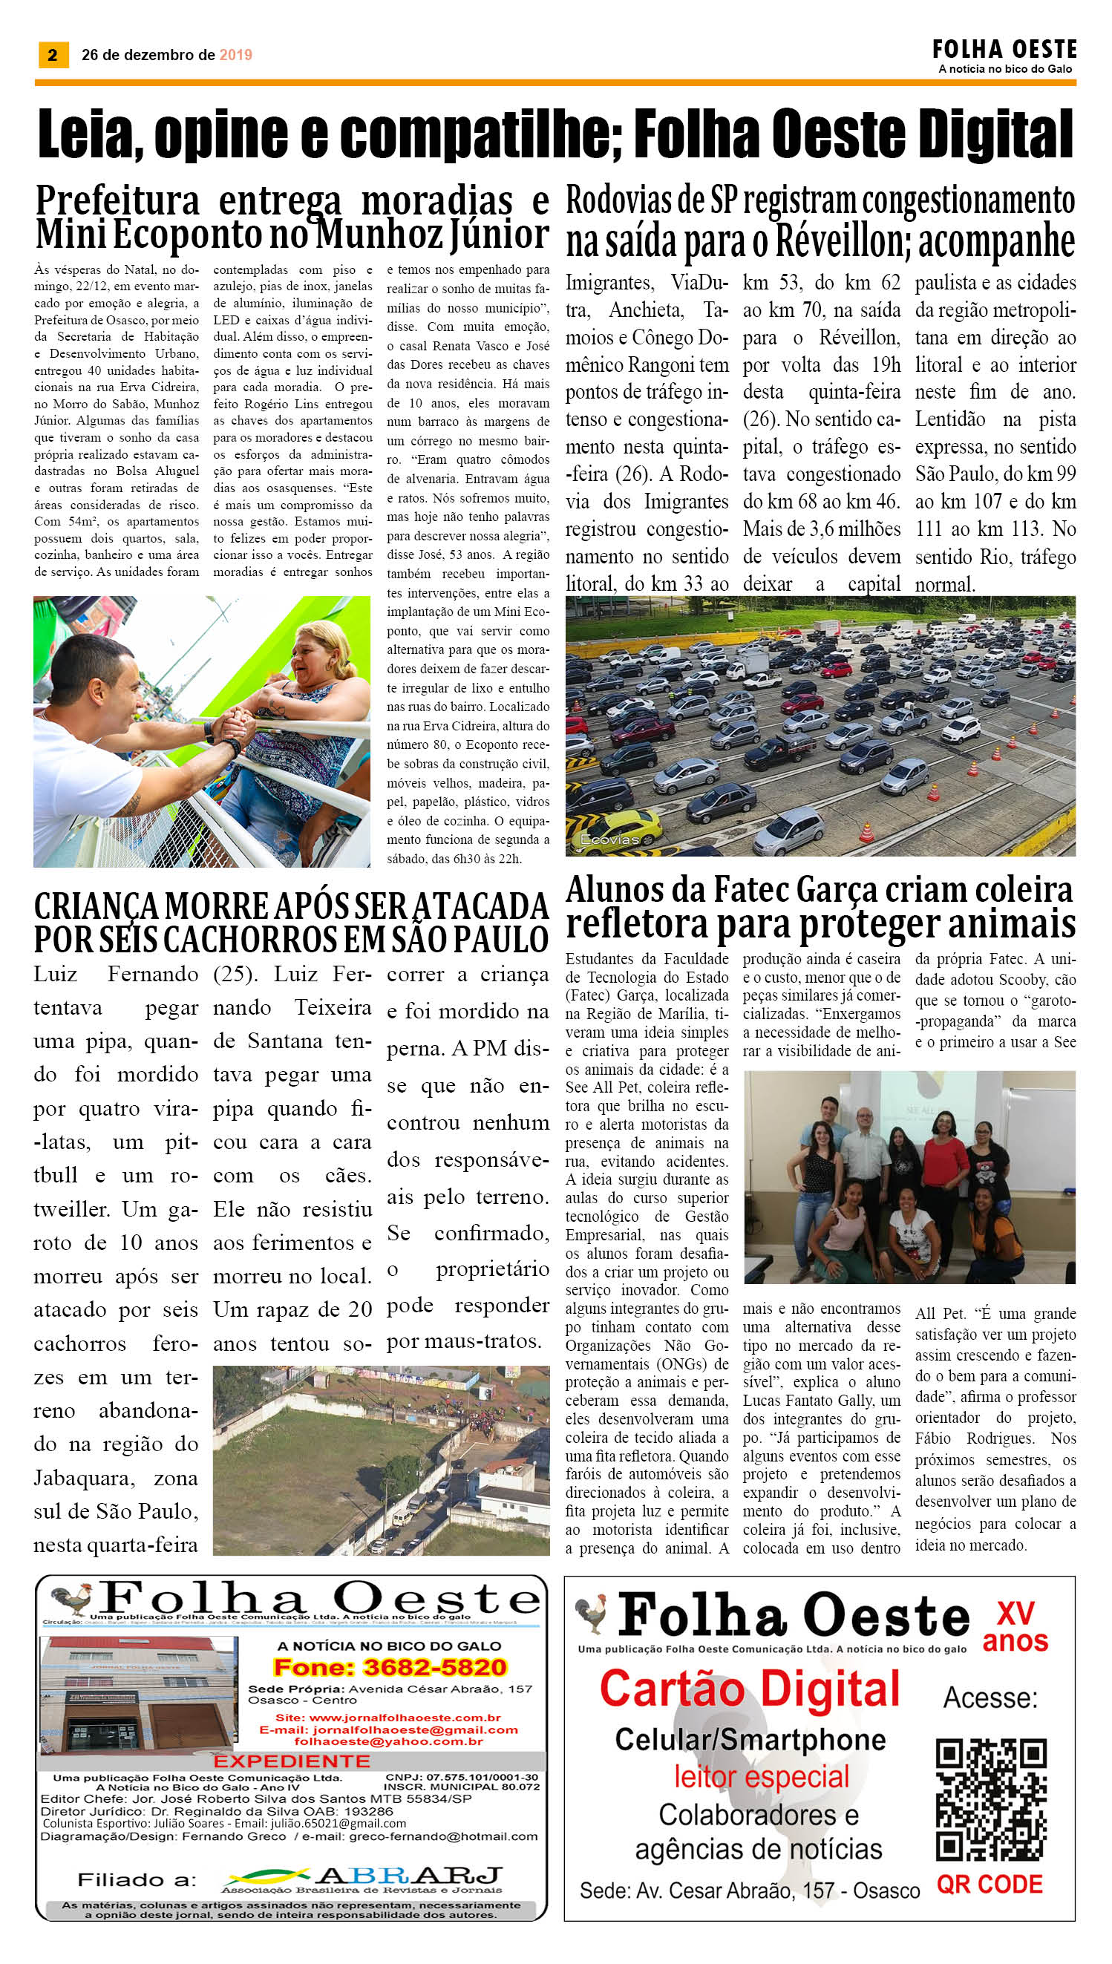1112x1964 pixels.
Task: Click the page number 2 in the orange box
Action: [x=53, y=54]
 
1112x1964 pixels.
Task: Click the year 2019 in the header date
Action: [x=235, y=55]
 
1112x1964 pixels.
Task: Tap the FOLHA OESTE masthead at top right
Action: [x=1004, y=50]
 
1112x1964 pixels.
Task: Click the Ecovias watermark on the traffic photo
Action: [x=609, y=839]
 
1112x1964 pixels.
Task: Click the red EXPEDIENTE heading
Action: [x=292, y=1761]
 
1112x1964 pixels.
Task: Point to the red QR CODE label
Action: [x=990, y=1884]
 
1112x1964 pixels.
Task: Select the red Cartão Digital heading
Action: [x=750, y=1689]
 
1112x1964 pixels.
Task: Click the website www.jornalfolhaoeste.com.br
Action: [x=388, y=1718]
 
